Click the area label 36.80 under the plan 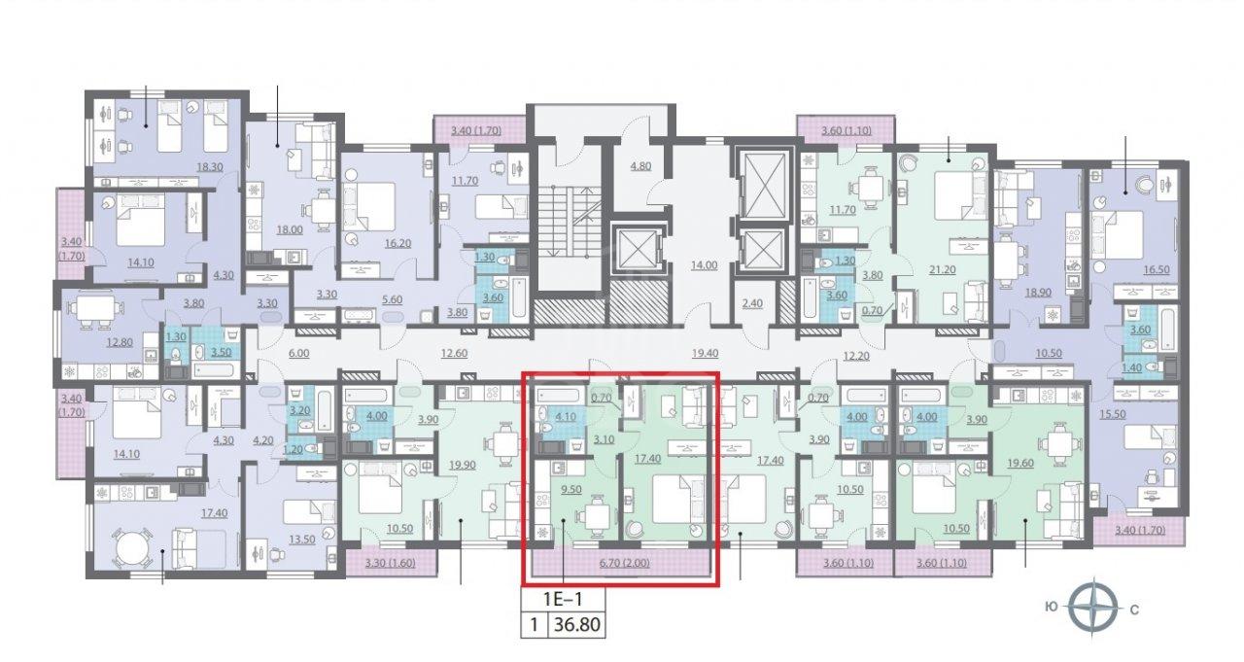(x=577, y=624)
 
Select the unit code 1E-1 (x=563, y=599)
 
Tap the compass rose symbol (x=1091, y=609)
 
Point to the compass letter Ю (x=1052, y=608)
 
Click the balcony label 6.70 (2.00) (x=624, y=563)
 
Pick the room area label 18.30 (x=209, y=166)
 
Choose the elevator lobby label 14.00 (x=704, y=265)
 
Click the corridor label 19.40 (x=705, y=352)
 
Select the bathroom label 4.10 (x=566, y=416)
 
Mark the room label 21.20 (x=943, y=269)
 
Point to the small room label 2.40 (x=752, y=303)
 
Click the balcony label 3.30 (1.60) (x=391, y=563)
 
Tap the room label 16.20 (x=397, y=243)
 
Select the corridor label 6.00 (x=298, y=353)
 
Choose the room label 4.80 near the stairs (x=640, y=165)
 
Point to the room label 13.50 (x=302, y=540)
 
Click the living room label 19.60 (x=1020, y=463)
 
